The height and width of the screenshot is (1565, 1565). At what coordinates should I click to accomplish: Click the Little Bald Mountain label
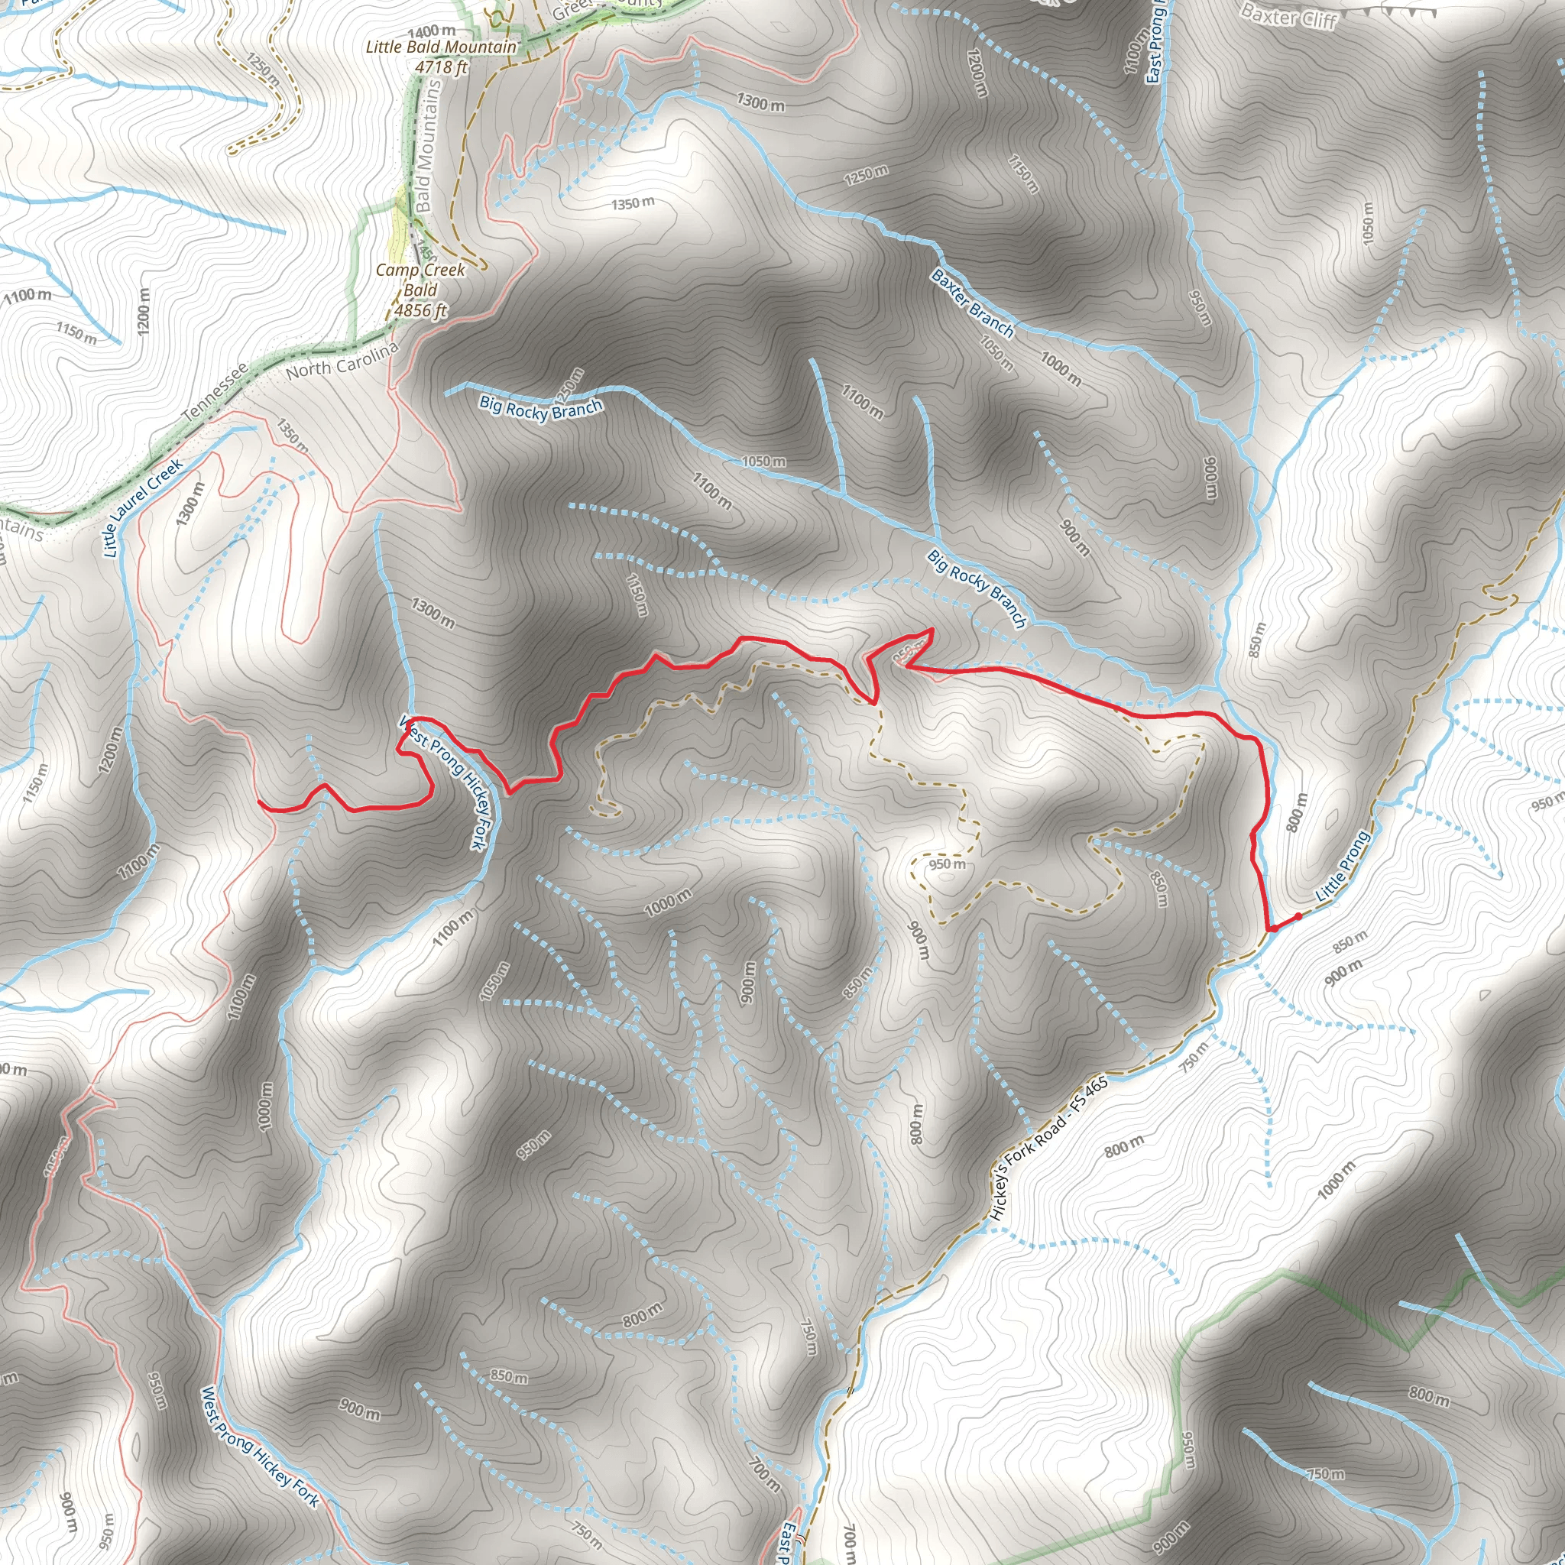[x=441, y=47]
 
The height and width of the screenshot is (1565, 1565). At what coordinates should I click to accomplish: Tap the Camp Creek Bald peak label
[x=420, y=280]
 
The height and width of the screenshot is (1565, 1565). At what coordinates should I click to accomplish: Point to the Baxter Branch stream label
[x=972, y=303]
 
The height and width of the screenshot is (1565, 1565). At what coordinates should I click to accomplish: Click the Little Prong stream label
[x=1342, y=866]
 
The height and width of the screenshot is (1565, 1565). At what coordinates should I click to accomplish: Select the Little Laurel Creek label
[x=143, y=508]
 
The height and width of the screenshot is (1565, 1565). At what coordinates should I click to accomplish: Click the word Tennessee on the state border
[x=215, y=393]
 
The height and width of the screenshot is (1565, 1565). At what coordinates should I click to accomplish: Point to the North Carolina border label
[x=342, y=361]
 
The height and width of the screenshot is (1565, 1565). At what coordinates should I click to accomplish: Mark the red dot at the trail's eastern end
[x=1298, y=916]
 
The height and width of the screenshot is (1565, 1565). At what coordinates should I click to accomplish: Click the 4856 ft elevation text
[x=420, y=310]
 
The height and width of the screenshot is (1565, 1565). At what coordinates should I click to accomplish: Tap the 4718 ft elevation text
[x=441, y=67]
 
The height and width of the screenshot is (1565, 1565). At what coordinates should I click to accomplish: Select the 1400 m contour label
[x=431, y=31]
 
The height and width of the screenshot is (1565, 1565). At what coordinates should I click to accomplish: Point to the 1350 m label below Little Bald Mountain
[x=633, y=203]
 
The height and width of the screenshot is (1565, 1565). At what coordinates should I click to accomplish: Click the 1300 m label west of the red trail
[x=433, y=613]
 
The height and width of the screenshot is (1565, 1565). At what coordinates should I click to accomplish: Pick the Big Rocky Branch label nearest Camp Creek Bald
[x=540, y=407]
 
